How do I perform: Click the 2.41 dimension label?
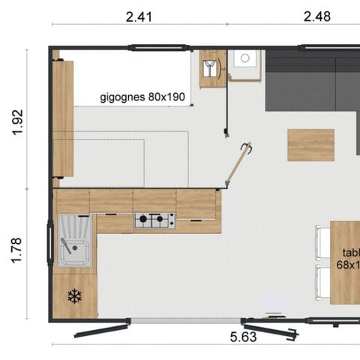click(x=139, y=16)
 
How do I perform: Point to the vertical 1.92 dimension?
click(x=19, y=122)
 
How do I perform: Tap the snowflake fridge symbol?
click(x=74, y=295)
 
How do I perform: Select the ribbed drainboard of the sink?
click(x=75, y=224)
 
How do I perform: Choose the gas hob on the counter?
click(x=154, y=220)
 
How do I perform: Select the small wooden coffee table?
click(x=310, y=145)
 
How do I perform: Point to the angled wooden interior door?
click(x=238, y=165)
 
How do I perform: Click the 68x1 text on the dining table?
click(x=348, y=265)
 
